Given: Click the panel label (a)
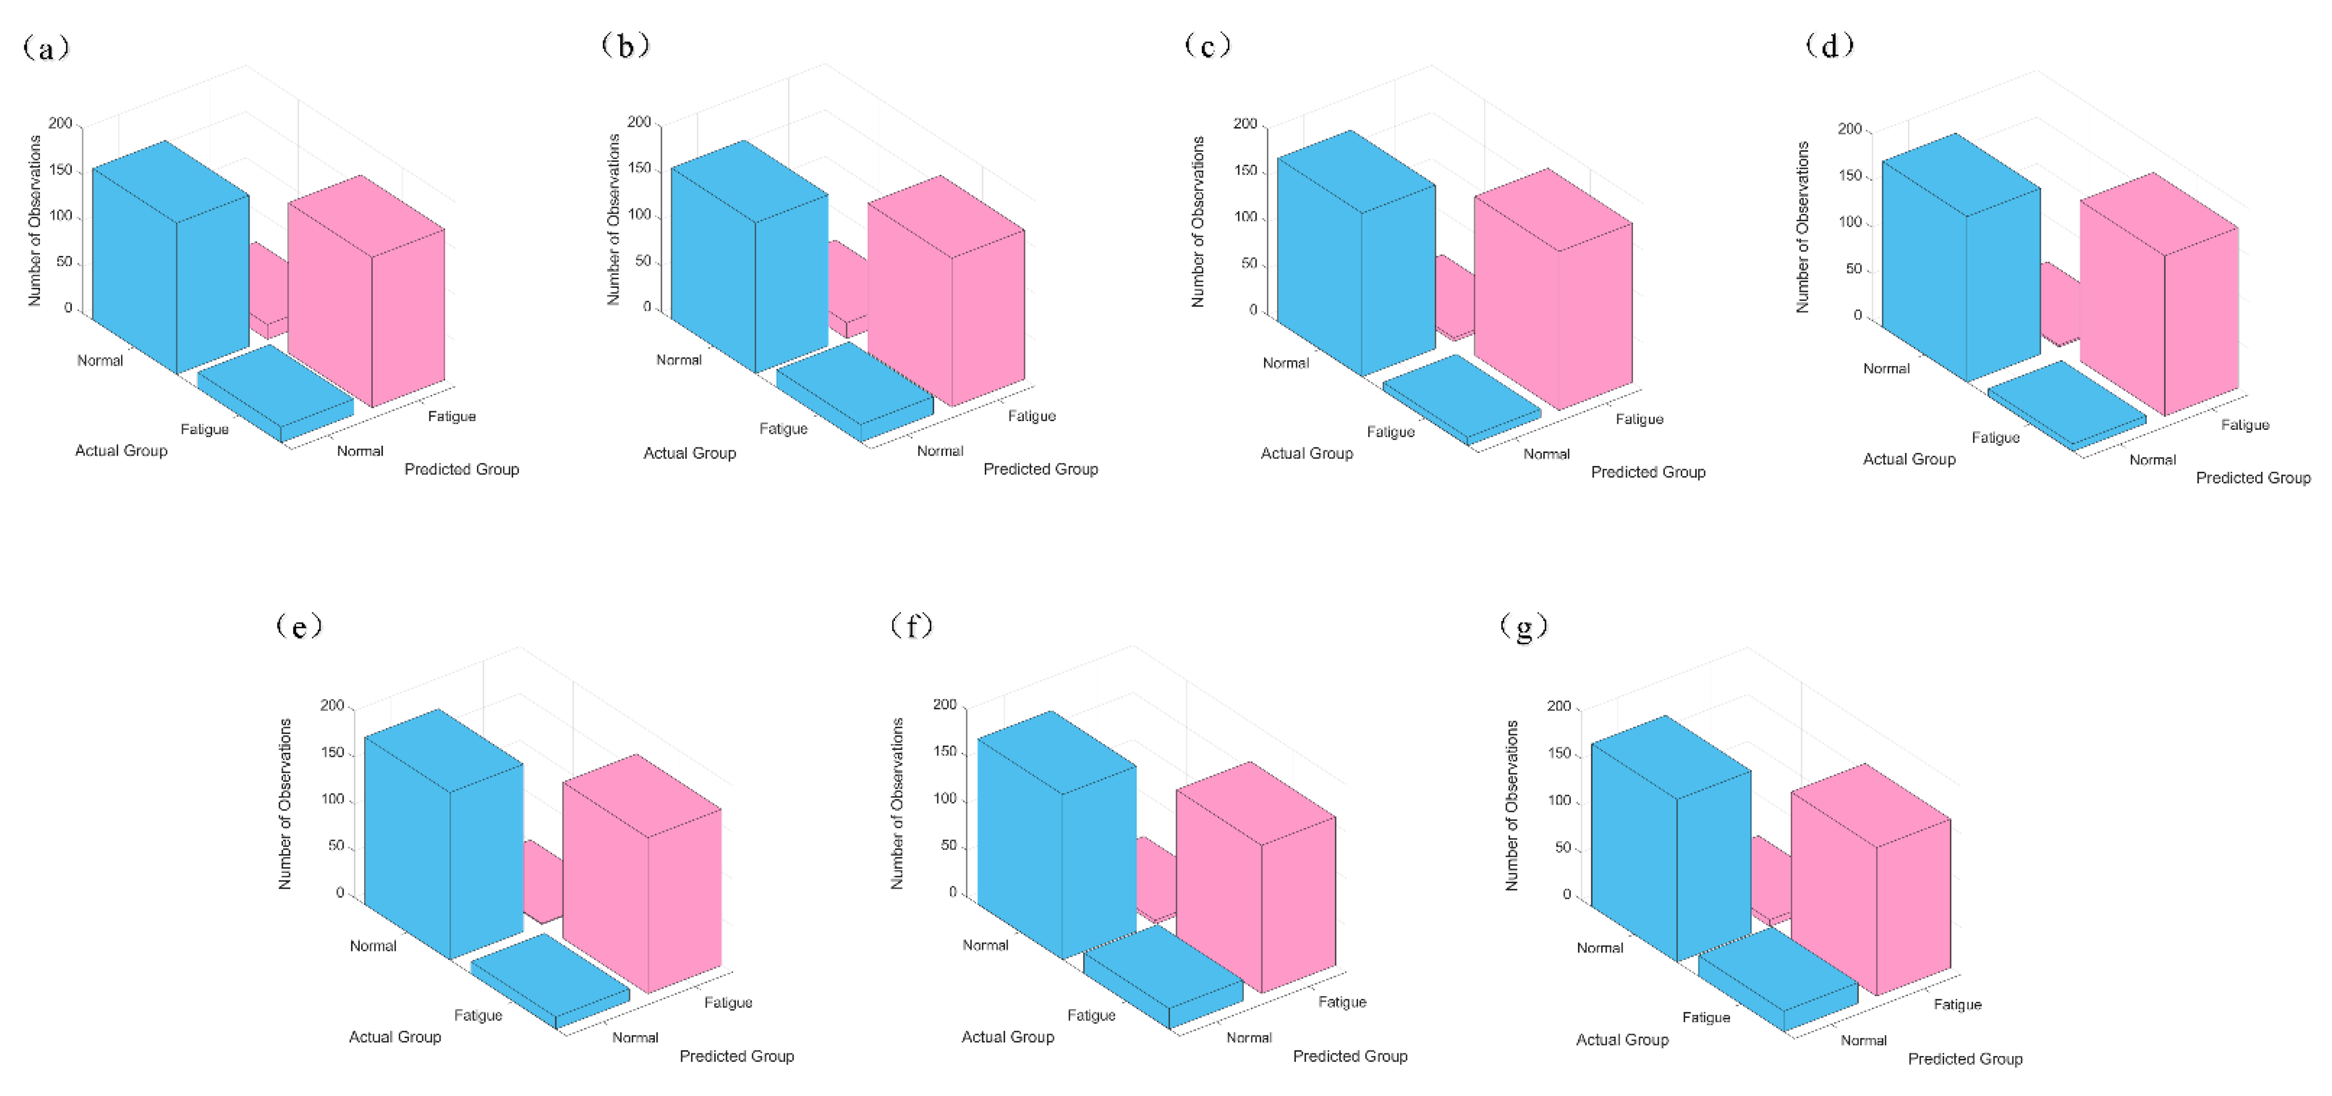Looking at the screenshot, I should coord(45,47).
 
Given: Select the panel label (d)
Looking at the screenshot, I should coord(1830,45).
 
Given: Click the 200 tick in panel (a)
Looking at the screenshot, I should coord(60,123).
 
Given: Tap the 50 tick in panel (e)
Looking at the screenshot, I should coord(336,846).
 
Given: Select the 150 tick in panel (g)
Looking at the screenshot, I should coord(1560,753).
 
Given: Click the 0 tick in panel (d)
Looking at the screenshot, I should coord(1858,315).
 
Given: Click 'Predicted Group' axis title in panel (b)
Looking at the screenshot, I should coord(1040,469).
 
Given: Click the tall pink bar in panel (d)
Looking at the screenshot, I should coord(2159,299).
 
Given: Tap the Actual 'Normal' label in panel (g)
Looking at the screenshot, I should coord(1600,948).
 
